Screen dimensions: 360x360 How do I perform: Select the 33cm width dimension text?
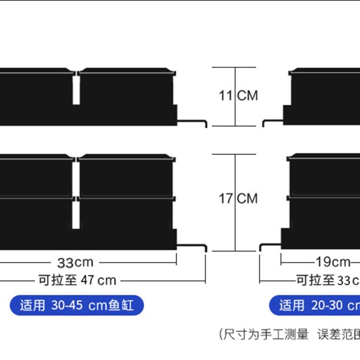[75, 261]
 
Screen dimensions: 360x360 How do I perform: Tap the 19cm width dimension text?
[333, 261]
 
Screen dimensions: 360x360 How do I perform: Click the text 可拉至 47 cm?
[77, 280]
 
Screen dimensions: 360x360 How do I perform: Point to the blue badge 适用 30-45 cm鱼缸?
[77, 306]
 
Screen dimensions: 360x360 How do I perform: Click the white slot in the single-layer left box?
[76, 90]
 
